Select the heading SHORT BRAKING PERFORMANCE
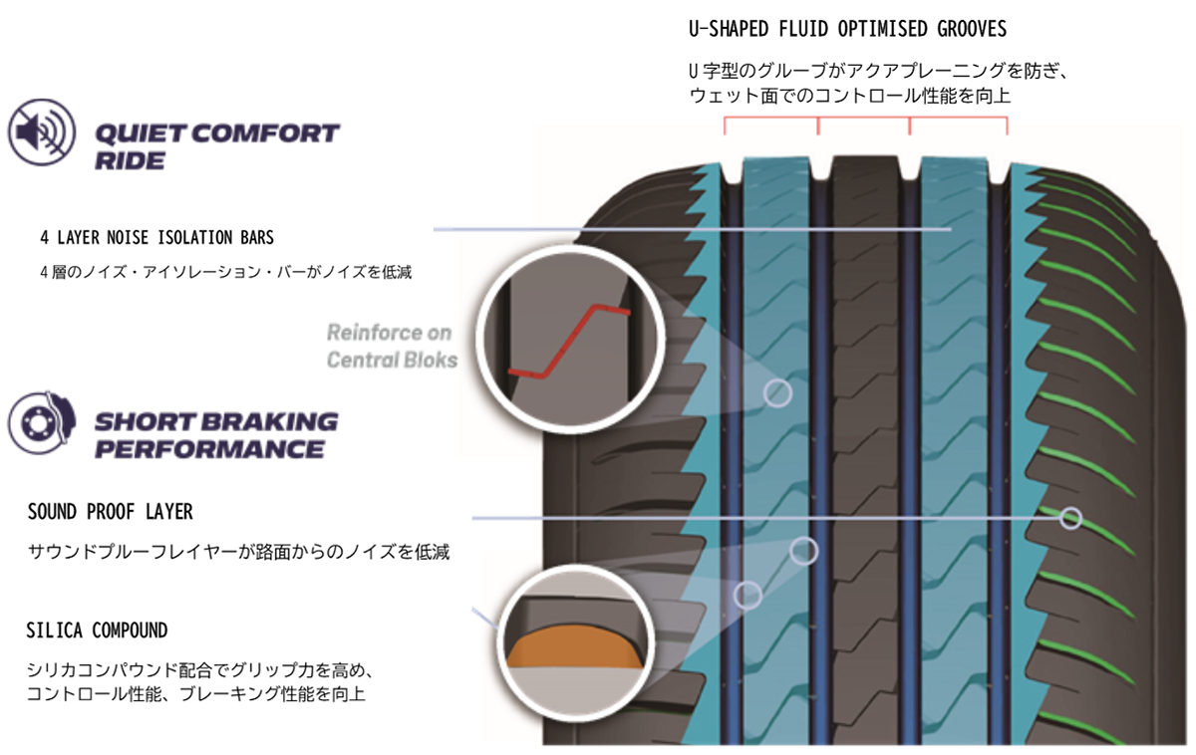215,434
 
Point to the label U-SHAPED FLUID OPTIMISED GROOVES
847,30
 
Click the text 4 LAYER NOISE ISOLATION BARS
156,239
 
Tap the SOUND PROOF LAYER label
111,512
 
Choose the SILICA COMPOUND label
98,630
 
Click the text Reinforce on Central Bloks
391,345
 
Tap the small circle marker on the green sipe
1070,518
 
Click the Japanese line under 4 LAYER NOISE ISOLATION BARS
224,272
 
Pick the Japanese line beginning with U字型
883,73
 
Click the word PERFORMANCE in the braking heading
209,449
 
